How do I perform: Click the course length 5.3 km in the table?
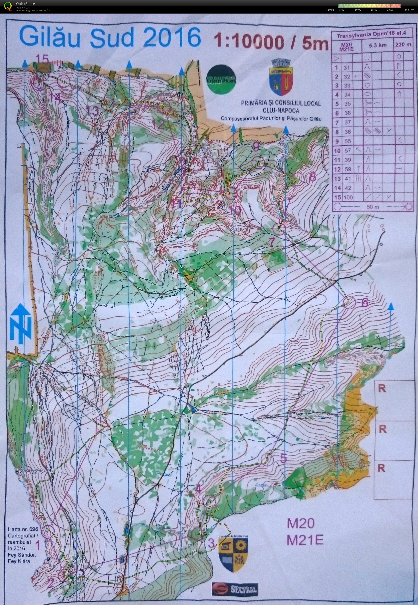pos(377,45)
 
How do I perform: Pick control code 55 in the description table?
pos(347,141)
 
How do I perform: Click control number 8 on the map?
pos(313,177)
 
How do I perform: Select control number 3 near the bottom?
pos(211,543)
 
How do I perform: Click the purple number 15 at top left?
pos(42,59)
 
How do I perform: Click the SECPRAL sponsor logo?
pos(235,589)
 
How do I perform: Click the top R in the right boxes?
pos(382,389)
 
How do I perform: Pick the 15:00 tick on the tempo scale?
pos(374,10)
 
